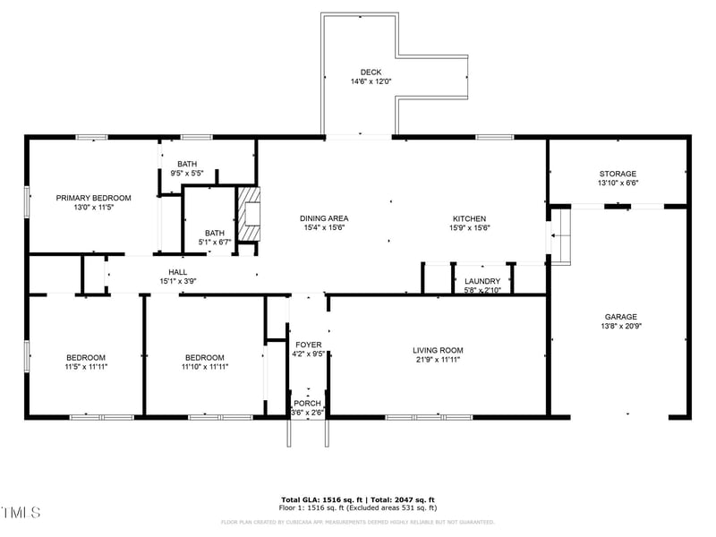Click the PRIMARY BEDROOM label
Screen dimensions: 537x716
coord(94,198)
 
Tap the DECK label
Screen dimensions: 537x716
coord(371,72)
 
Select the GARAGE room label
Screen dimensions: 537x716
coord(620,317)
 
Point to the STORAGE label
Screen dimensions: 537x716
coord(618,174)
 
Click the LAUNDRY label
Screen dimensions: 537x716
coord(482,281)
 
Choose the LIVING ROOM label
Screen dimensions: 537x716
coord(438,350)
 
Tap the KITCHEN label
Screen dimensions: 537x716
coord(469,218)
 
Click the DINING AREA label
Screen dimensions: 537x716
coord(323,218)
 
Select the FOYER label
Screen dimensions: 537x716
coord(308,345)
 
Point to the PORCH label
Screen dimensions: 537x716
coord(307,404)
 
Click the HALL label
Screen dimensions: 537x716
coord(177,272)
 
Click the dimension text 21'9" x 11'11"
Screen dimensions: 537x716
coord(438,360)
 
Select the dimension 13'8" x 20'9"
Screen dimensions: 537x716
coord(620,327)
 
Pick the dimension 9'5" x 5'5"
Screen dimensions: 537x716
coord(187,174)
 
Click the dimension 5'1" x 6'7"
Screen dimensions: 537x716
coord(215,242)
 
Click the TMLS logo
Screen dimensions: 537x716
coord(21,513)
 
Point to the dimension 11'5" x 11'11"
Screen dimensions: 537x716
coord(85,366)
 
